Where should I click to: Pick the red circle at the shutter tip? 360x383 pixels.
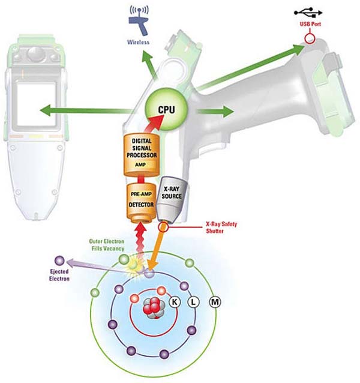tap(163, 228)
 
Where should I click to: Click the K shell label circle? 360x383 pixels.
tap(175, 301)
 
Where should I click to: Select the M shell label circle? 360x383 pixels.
tap(214, 301)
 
